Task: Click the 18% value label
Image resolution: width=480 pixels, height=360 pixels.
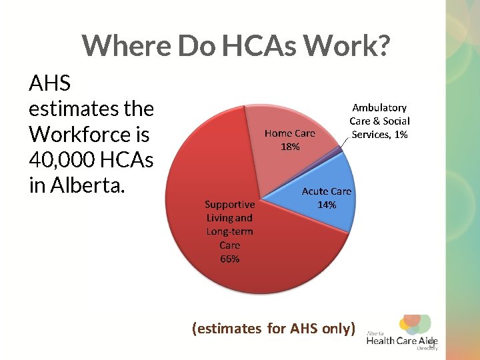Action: (x=290, y=147)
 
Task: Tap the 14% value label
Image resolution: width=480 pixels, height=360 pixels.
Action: (x=326, y=205)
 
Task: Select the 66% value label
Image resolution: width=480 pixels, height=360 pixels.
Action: (x=229, y=259)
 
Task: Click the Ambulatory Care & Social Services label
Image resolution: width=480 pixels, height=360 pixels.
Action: (x=379, y=121)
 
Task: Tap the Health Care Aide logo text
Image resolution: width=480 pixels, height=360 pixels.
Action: (x=402, y=341)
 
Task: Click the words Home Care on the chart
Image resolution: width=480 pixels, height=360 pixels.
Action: (x=290, y=133)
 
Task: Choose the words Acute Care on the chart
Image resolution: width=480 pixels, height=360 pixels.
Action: (x=326, y=191)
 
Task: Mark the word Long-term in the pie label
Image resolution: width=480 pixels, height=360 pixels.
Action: (x=229, y=231)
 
